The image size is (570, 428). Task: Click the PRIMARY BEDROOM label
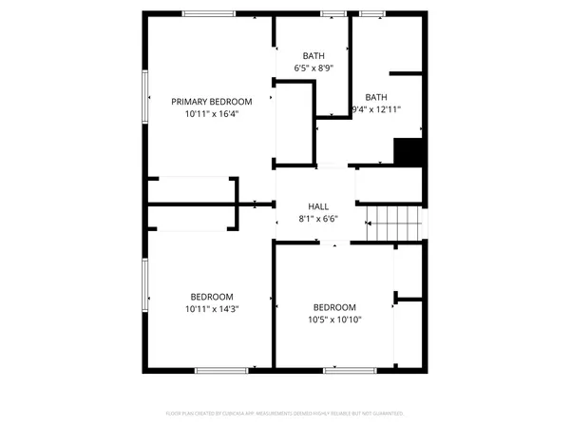(x=211, y=102)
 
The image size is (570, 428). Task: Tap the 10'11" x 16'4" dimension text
(x=211, y=114)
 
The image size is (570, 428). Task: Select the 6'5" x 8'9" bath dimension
(x=313, y=68)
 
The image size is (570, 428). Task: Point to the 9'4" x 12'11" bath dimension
(x=376, y=109)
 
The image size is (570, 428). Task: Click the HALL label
(x=318, y=206)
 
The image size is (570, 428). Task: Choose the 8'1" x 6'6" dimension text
(x=318, y=219)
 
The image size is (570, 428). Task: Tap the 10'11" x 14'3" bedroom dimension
(x=211, y=309)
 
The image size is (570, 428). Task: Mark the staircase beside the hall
(x=393, y=224)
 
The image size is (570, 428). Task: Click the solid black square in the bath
(x=408, y=152)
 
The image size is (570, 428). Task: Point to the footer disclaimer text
(x=285, y=414)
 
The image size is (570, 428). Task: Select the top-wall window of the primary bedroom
(x=209, y=12)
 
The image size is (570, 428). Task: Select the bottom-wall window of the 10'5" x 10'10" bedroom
(x=344, y=370)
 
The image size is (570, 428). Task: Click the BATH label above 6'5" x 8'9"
(x=313, y=56)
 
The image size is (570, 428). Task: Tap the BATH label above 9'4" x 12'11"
(x=376, y=97)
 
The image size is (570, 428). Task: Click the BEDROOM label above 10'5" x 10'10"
(x=335, y=307)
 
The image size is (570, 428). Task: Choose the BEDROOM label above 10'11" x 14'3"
(x=211, y=297)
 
